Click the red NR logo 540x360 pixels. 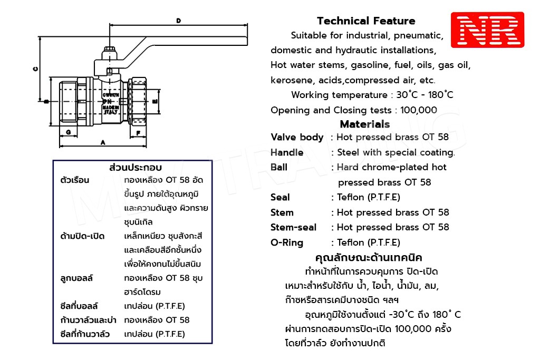click(487, 30)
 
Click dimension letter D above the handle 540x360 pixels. click(179, 21)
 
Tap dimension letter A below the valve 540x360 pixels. click(103, 142)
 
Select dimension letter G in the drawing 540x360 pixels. click(69, 132)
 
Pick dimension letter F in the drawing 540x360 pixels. click(138, 133)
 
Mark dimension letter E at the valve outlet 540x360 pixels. click(155, 100)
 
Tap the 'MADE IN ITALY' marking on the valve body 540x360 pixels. click(110, 109)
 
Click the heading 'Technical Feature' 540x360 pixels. click(366, 21)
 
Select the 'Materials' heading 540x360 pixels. click(365, 124)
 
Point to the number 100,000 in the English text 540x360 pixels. click(419, 110)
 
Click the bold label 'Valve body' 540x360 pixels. click(297, 137)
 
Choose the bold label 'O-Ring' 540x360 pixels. click(287, 242)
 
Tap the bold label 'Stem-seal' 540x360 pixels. click(294, 227)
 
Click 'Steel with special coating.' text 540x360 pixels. click(396, 152)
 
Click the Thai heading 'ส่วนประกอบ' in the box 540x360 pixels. click(135, 168)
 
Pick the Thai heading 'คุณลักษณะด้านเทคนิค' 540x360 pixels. click(369, 258)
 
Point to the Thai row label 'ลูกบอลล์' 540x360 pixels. click(77, 278)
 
